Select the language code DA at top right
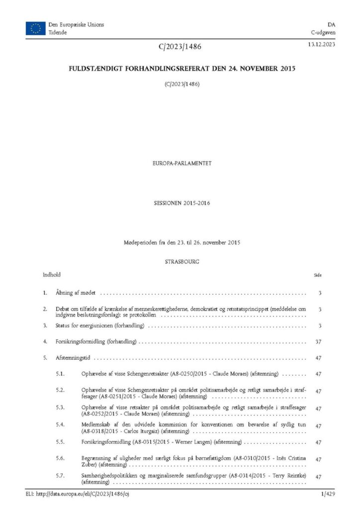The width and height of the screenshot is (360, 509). (x=330, y=24)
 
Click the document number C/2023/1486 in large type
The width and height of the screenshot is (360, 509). (x=180, y=47)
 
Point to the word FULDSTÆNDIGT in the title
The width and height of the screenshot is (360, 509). (x=98, y=69)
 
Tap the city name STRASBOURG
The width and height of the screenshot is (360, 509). (x=181, y=260)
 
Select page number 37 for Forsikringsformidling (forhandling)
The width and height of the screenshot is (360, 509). (x=319, y=342)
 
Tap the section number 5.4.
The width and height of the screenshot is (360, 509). (x=61, y=424)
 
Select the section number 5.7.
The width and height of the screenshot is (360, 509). (x=61, y=476)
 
